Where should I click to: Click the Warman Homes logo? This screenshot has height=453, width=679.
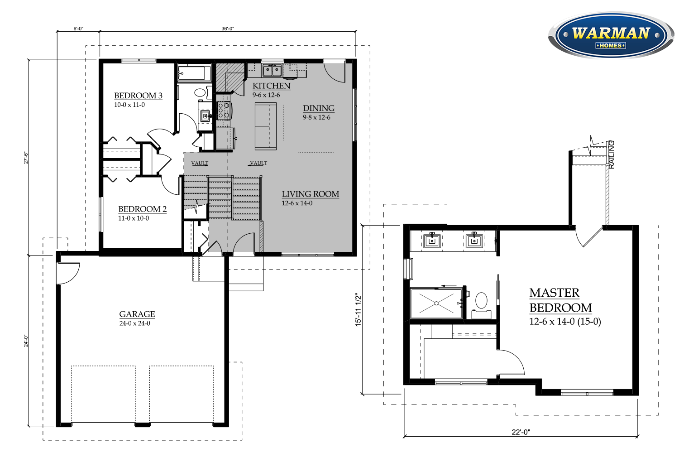coord(612,35)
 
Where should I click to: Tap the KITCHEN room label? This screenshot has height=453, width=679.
coord(271,86)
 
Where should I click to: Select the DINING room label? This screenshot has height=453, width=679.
coord(319,108)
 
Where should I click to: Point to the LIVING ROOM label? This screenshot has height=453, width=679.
coord(311,194)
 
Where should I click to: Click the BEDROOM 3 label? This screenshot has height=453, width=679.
coord(138,96)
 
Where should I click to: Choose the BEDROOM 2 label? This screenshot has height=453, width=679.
coord(143,209)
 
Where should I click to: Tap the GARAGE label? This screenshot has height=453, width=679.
coord(137,314)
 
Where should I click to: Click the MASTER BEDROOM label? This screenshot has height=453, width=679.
coord(560,300)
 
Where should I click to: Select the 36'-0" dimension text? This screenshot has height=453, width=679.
coord(228,29)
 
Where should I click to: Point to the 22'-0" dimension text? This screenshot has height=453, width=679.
coord(521,432)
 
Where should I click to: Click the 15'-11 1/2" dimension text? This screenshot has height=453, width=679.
coord(359,310)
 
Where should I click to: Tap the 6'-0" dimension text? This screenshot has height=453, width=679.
coord(78,29)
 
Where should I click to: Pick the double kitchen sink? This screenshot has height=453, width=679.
coord(272,70)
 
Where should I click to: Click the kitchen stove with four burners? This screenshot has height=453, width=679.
coord(224,111)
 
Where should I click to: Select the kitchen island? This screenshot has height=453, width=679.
coord(266,126)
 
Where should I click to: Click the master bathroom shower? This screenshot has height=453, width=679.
coord(436,304)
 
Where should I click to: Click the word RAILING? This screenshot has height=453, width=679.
coord(612,154)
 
